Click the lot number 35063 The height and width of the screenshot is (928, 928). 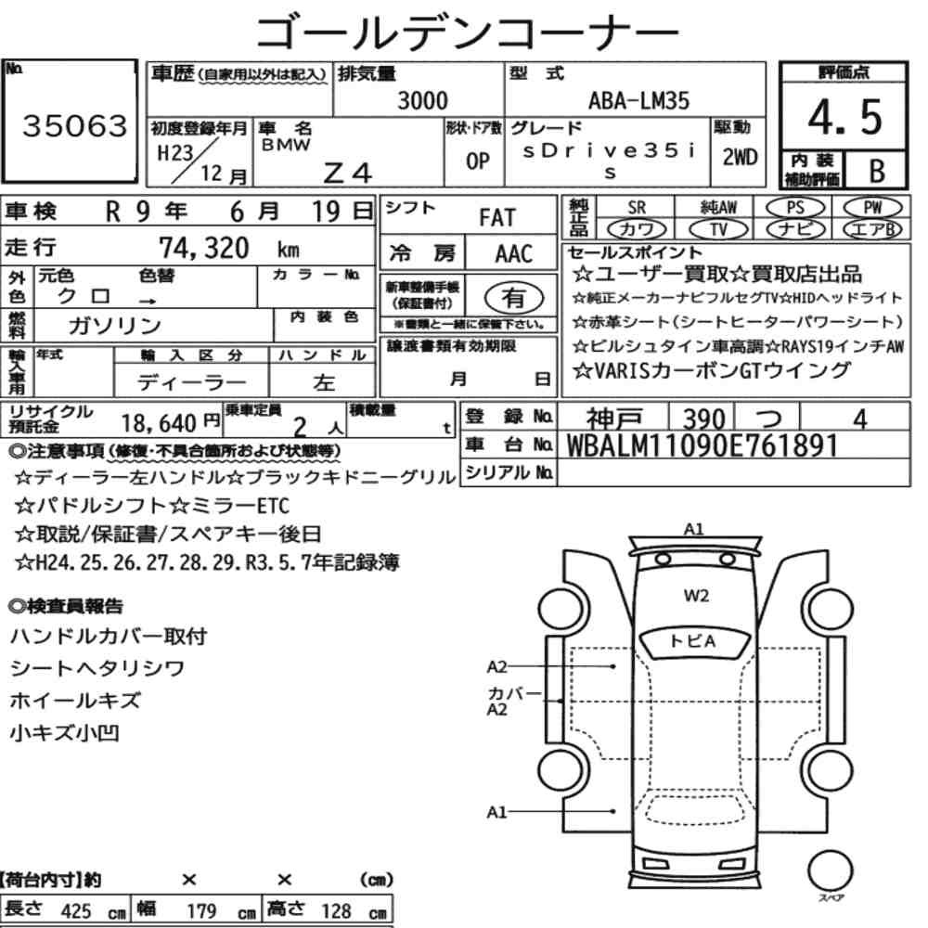(x=74, y=125)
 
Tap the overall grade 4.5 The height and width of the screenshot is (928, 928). (x=844, y=117)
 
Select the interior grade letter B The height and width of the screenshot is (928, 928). (x=877, y=171)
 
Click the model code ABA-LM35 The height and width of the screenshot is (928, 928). (x=638, y=100)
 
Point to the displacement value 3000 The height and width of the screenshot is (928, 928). (x=422, y=100)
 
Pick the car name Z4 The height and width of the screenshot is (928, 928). (x=348, y=173)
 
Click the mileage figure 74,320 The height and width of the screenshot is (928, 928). (x=203, y=248)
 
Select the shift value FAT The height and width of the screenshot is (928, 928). (x=497, y=217)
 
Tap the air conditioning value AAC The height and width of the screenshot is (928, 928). (x=513, y=254)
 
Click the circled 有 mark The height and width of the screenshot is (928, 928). (x=514, y=297)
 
